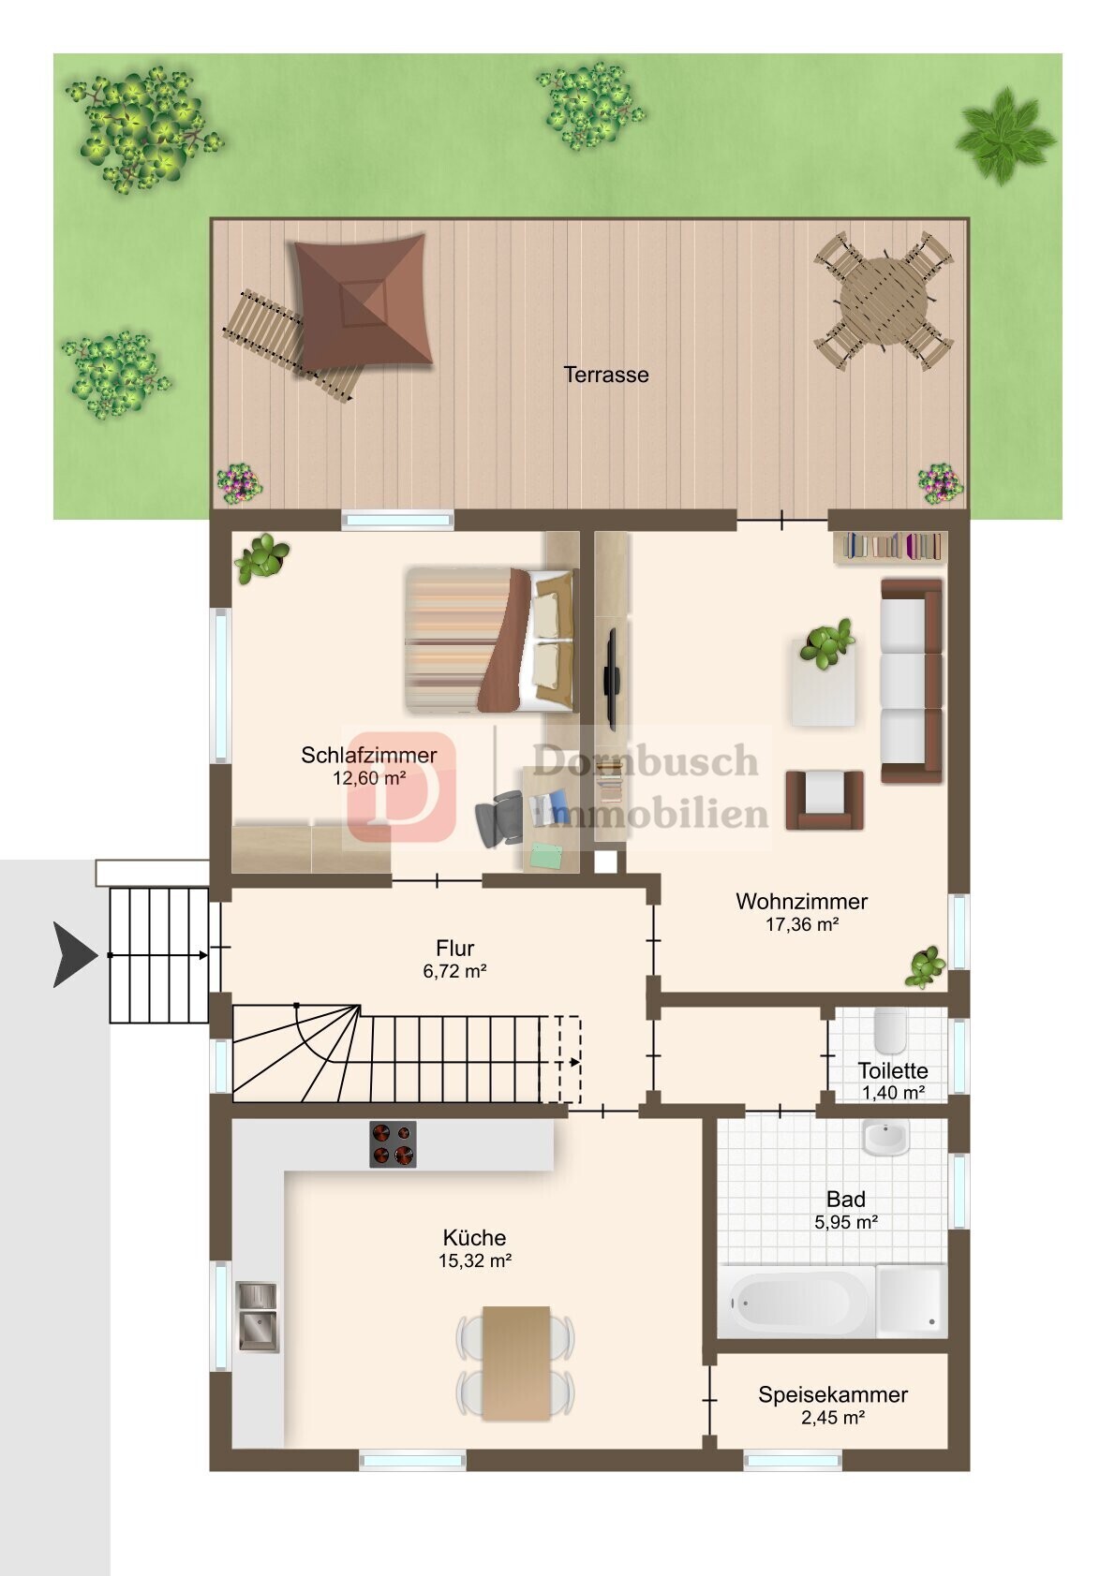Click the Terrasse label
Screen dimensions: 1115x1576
(x=605, y=375)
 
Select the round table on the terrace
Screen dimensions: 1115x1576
(x=885, y=301)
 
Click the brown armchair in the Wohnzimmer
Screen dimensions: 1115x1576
(x=825, y=800)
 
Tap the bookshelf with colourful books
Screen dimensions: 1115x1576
(x=890, y=547)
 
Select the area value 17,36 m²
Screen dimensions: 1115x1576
(x=802, y=924)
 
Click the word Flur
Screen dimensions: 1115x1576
(x=454, y=948)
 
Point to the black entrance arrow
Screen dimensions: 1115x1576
(x=75, y=955)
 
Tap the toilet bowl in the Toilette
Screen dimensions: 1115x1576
(x=890, y=1028)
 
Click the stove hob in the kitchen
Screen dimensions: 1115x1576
(x=393, y=1144)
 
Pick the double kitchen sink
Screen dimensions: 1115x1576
(x=258, y=1315)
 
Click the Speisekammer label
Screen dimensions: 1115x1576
(x=833, y=1393)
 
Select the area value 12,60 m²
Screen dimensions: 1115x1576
(x=369, y=778)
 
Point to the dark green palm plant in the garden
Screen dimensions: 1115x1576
(x=1005, y=136)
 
